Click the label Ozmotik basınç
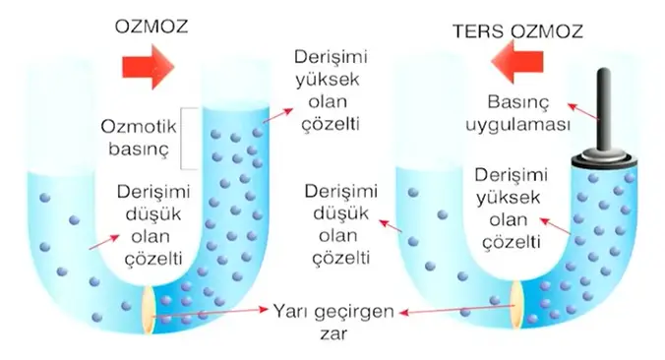point(137,140)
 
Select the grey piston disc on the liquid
point(601,155)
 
